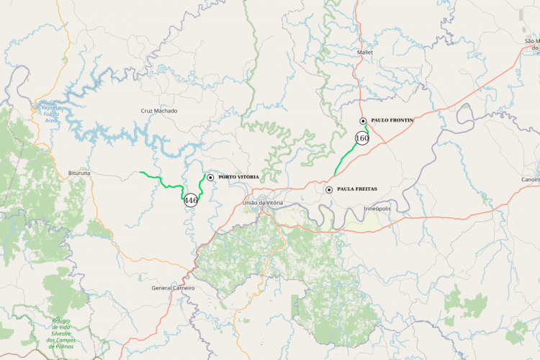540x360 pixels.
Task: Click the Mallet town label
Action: pos(365,53)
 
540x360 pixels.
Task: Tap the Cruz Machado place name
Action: pos(159,111)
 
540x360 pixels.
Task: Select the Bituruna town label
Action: pos(79,174)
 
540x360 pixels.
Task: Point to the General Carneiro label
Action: pos(173,288)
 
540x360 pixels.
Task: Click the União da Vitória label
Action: pos(264,203)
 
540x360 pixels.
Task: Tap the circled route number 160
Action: pos(362,138)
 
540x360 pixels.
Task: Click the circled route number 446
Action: pos(191,200)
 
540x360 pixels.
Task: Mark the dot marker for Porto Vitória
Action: pos(210,177)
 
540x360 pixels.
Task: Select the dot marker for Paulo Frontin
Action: pos(364,121)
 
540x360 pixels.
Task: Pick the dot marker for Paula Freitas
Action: pos(329,189)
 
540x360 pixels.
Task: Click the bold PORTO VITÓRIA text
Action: pos(238,177)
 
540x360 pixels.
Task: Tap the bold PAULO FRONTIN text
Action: pos(392,121)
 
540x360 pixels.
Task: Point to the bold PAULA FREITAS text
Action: pos(357,189)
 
